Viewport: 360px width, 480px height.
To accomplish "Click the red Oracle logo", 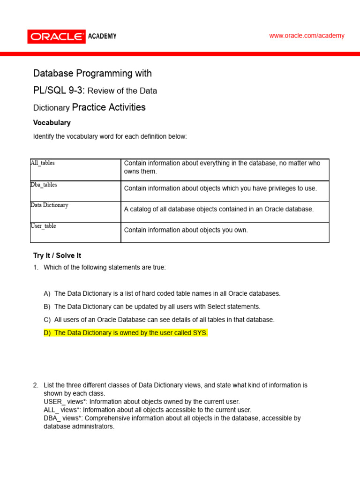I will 56,37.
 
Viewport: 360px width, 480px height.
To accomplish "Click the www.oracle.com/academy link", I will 307,36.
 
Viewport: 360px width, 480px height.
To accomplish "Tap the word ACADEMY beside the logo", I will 102,36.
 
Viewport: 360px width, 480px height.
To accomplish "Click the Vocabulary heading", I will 52,123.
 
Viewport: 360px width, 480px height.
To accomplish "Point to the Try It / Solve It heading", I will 57,255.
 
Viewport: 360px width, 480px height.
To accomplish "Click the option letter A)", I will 47,293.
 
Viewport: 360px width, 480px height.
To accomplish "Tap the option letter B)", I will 47,307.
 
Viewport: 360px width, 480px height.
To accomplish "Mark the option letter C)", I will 47,320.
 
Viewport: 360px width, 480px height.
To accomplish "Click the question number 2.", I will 36,385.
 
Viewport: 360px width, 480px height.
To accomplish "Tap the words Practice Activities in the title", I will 109,107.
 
